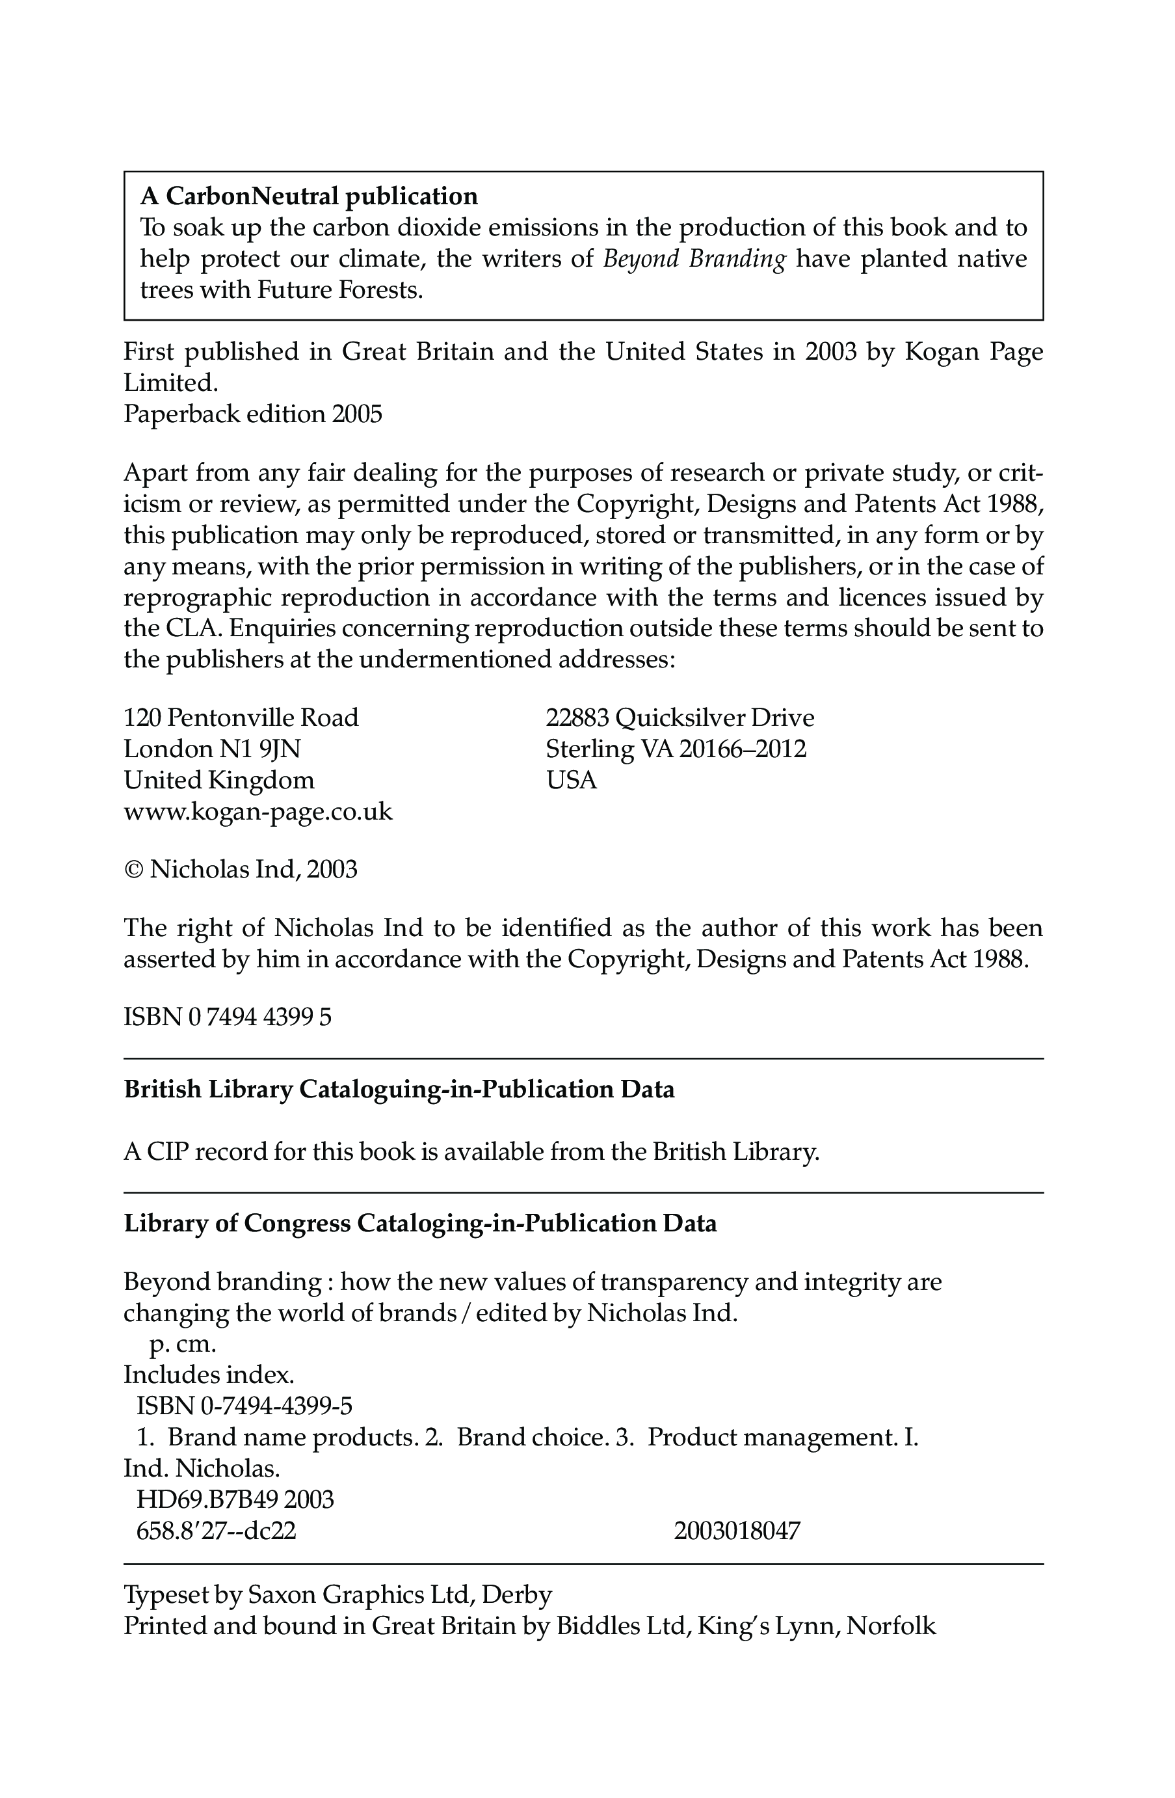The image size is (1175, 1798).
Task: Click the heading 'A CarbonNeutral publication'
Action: pyautogui.click(x=309, y=196)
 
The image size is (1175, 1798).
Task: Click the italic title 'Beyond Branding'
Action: pyautogui.click(x=694, y=259)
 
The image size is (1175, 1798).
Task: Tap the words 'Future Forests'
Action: pyautogui.click(x=337, y=290)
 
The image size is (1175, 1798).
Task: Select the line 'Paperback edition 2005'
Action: pyautogui.click(x=253, y=415)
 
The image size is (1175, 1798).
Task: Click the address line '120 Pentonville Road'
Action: pyautogui.click(x=241, y=718)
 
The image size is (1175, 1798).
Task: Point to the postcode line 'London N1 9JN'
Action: pyautogui.click(x=212, y=749)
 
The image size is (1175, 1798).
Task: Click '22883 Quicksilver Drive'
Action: pyautogui.click(x=680, y=718)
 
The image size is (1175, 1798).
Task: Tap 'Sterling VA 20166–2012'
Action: pyautogui.click(x=676, y=749)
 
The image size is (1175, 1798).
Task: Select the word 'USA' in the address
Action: pyautogui.click(x=571, y=781)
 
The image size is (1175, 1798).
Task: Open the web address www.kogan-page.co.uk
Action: pyautogui.click(x=258, y=812)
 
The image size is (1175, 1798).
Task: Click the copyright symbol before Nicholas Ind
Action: pyautogui.click(x=133, y=870)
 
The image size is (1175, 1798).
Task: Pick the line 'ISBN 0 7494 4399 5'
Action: pyautogui.click(x=228, y=1017)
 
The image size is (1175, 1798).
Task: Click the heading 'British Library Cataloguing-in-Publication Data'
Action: pyautogui.click(x=399, y=1090)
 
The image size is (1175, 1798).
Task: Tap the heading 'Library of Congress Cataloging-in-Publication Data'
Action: pyautogui.click(x=420, y=1224)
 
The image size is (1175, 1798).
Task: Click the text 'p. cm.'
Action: pyautogui.click(x=183, y=1345)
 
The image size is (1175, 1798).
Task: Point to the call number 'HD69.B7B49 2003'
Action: pyautogui.click(x=235, y=1499)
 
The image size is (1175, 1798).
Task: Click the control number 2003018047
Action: pyautogui.click(x=736, y=1531)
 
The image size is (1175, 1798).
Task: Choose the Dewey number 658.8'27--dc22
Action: pyautogui.click(x=216, y=1531)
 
